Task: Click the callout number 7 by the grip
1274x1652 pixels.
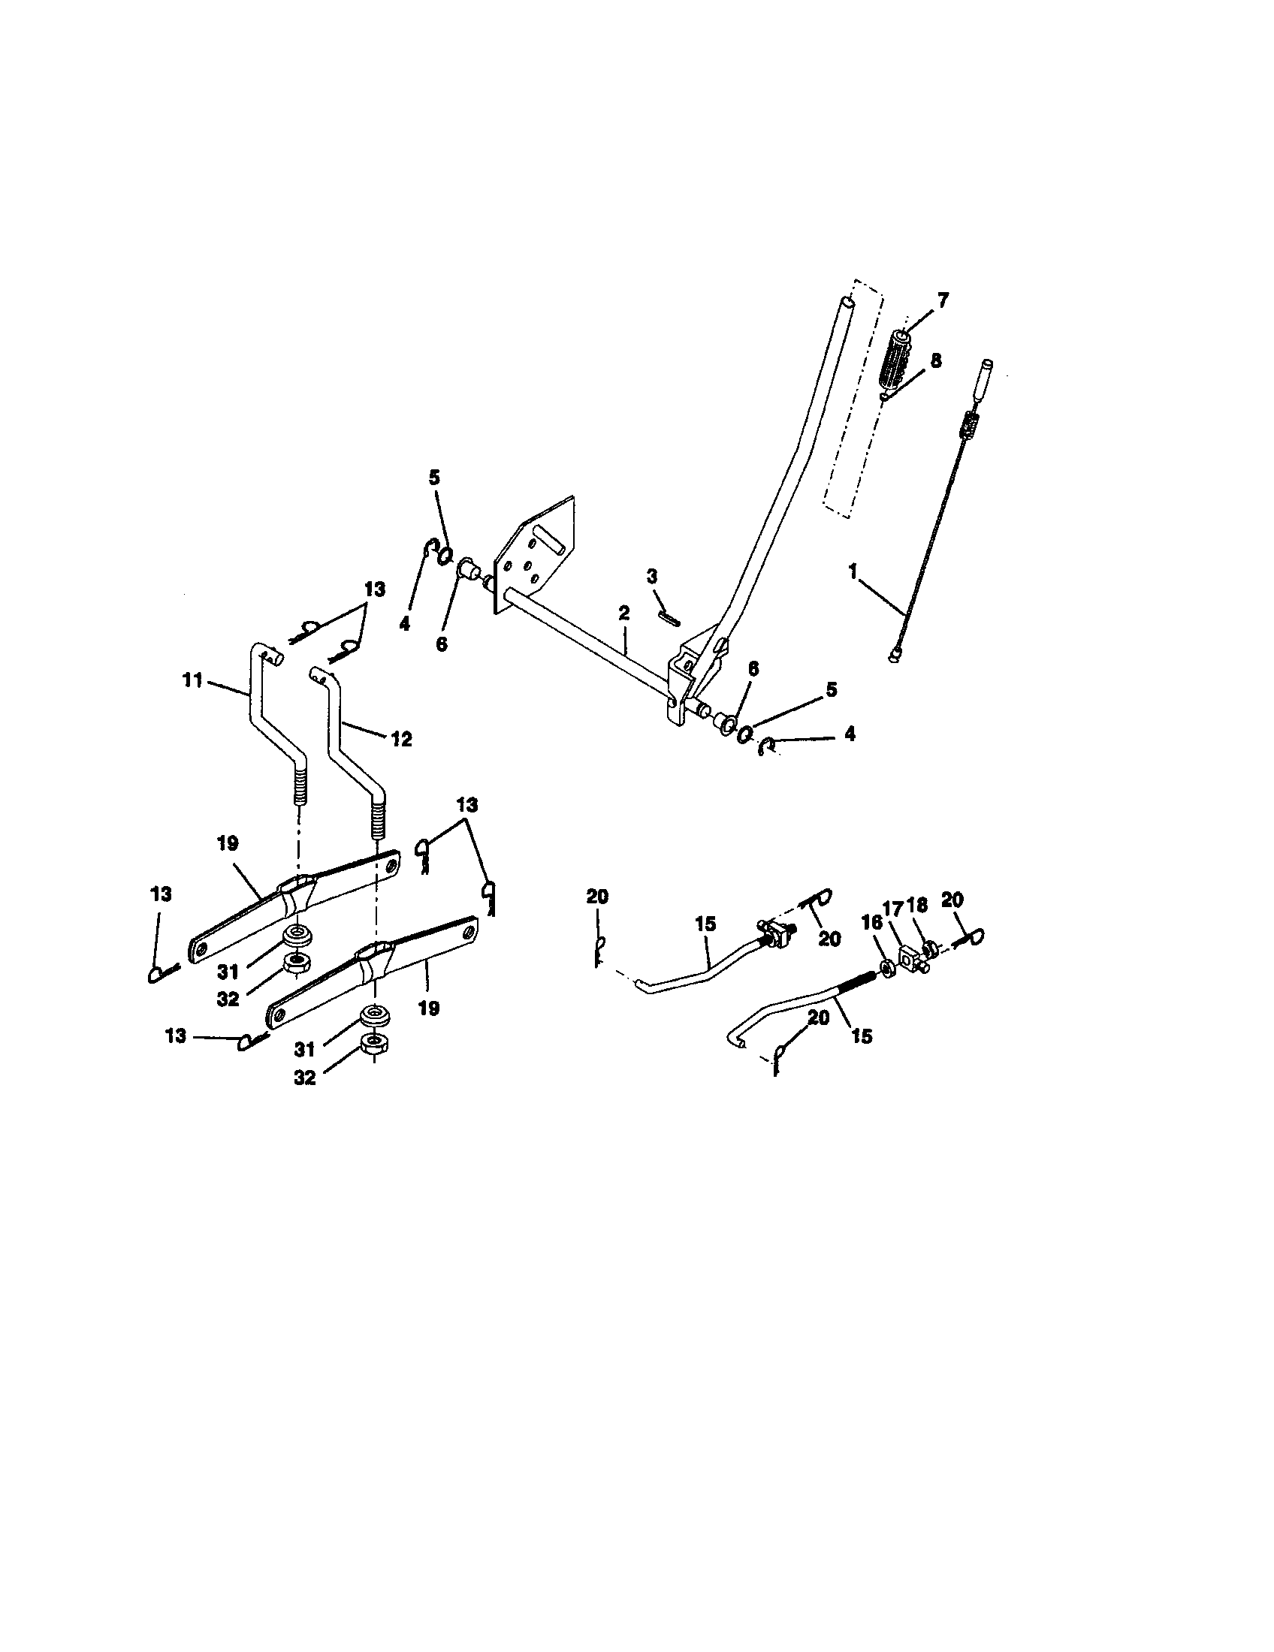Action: [x=942, y=300]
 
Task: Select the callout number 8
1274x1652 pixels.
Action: [x=936, y=360]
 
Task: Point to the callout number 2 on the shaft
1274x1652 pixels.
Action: [x=623, y=612]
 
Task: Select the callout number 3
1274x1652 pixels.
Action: [x=652, y=577]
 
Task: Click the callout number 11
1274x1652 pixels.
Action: [x=192, y=681]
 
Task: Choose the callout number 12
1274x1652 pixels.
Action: [x=402, y=738]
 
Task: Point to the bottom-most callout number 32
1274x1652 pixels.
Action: [x=304, y=1078]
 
